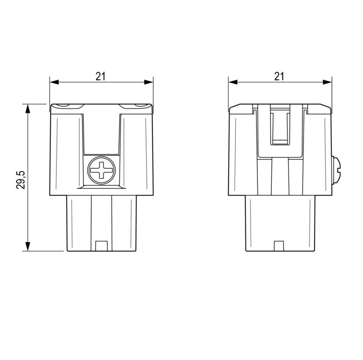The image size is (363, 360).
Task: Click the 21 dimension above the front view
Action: [100, 76]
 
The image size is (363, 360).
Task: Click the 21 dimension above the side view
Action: [279, 76]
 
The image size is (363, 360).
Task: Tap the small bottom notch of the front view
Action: [102, 246]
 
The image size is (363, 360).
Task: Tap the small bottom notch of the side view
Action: [280, 246]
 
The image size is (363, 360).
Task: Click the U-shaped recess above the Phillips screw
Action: [102, 132]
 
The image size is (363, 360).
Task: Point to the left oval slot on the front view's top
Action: [64, 105]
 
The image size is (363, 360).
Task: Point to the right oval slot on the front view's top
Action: [139, 105]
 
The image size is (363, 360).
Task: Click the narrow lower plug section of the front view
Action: [102, 222]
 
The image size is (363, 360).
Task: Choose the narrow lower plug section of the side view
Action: [280, 222]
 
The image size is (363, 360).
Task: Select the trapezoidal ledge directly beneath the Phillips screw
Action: [102, 187]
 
